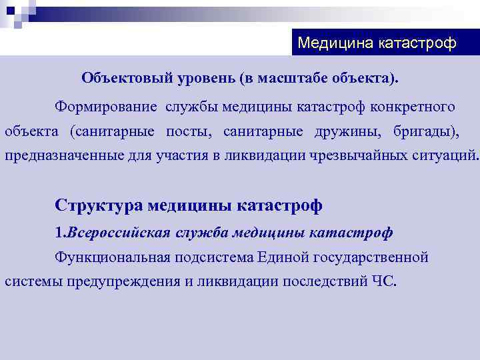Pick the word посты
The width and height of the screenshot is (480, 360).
[x=185, y=131]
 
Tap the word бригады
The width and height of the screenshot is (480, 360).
[x=426, y=131]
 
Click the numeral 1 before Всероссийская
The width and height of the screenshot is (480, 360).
[x=58, y=233]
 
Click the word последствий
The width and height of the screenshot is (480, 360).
[x=325, y=281]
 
